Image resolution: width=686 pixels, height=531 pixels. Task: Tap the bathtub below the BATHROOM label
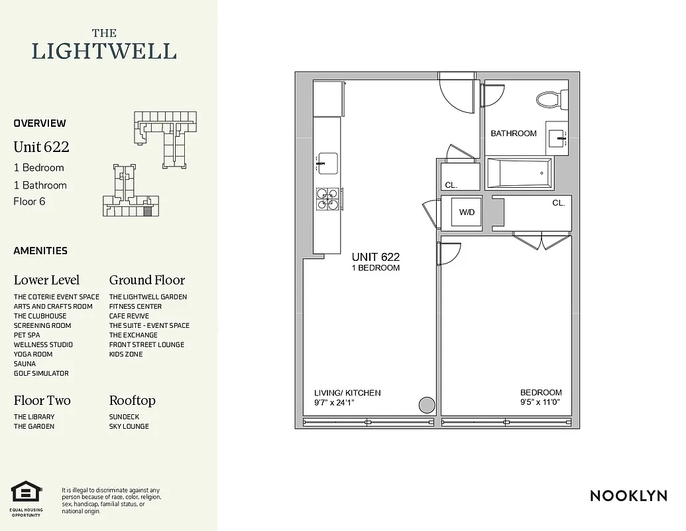pos(519,173)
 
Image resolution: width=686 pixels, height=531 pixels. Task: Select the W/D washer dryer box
pos(467,212)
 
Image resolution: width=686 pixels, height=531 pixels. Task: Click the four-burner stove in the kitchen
pos(327,199)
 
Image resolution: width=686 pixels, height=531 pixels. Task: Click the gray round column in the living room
pos(427,404)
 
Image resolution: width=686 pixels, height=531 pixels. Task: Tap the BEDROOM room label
pos(540,392)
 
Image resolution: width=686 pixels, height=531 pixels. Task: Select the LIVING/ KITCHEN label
pos(347,392)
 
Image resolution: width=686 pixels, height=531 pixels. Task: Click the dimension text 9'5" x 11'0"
pos(540,402)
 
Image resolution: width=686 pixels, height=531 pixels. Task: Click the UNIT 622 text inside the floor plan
pos(375,257)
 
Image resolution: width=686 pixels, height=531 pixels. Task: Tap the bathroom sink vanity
pos(556,137)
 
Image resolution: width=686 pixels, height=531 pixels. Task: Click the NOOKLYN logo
pos(628,496)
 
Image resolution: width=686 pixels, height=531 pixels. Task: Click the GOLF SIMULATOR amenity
pos(41,373)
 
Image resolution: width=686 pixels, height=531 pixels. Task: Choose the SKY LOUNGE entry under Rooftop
pos(129,426)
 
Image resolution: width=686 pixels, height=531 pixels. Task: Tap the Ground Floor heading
pos(146,280)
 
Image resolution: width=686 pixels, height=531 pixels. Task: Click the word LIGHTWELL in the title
pos(104,51)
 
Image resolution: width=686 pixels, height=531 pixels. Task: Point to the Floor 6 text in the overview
pos(29,202)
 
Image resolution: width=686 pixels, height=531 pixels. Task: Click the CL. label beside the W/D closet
pos(558,203)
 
